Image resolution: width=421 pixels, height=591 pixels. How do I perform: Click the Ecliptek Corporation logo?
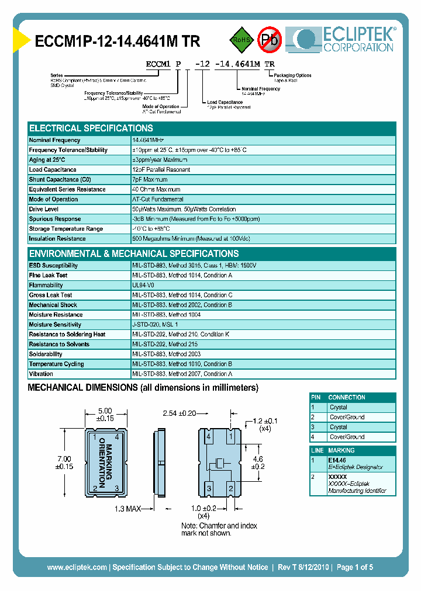pos(345,38)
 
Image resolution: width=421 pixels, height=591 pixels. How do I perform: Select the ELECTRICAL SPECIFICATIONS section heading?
pos(91,128)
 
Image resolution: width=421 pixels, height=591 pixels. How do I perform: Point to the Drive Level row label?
pos(44,209)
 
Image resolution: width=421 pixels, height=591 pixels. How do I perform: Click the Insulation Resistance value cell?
pos(199,239)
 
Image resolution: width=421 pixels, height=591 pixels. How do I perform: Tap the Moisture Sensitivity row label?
pos(55,325)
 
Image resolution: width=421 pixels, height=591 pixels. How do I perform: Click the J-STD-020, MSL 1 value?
pos(155,325)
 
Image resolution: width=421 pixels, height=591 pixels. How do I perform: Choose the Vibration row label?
pos(41,374)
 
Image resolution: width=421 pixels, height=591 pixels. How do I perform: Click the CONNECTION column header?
pos(347,397)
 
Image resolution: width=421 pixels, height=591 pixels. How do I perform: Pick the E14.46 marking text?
pos(337,460)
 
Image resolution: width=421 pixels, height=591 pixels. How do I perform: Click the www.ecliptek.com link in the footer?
pos(77,567)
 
